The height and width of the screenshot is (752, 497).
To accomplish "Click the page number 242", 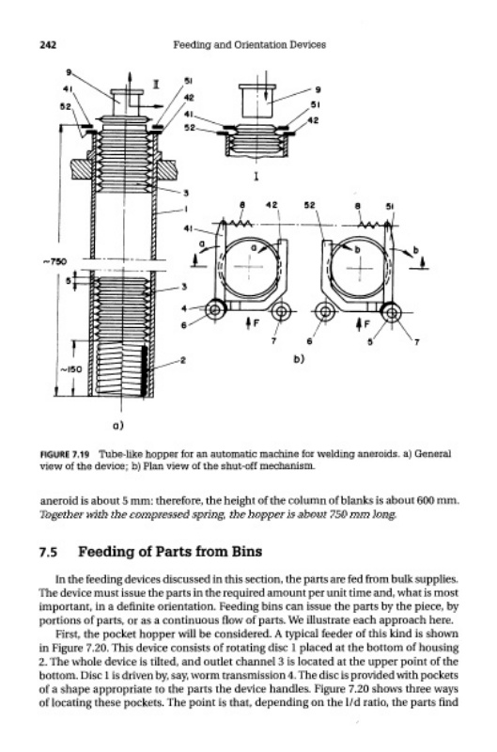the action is tap(48, 45).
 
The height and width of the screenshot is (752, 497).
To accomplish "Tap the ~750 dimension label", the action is tap(55, 262).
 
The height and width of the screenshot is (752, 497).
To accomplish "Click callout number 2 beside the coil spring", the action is tap(182, 360).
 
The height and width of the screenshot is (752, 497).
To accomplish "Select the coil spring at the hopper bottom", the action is tap(122, 369).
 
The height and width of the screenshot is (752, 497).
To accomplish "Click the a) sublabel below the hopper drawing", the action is tap(117, 426).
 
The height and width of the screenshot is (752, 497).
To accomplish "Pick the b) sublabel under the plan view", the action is tap(299, 358).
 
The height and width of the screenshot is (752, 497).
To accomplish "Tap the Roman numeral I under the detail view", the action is tap(256, 177).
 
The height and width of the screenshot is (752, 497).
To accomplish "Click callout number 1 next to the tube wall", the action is tap(186, 209).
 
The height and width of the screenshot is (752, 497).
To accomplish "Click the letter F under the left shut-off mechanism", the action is tap(256, 322).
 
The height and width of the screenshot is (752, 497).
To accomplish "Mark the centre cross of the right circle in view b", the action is tap(361, 269).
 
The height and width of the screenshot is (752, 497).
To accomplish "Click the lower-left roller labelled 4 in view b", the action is tap(215, 310).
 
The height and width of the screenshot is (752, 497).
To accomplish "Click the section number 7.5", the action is tap(49, 553).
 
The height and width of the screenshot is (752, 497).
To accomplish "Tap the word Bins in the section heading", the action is tap(247, 552).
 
